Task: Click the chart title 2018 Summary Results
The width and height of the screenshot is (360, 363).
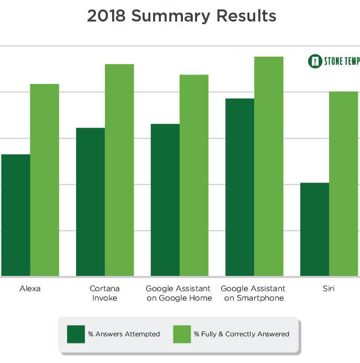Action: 181,16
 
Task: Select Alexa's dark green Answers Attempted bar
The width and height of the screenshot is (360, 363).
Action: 16,215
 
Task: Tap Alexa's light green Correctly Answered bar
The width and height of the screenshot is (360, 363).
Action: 45,180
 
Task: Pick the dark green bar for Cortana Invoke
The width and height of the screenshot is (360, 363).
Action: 90,202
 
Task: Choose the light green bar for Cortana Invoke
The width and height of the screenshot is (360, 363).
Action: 119,170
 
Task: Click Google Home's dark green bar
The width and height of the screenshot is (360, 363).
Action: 165,200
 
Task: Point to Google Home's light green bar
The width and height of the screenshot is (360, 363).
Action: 194,175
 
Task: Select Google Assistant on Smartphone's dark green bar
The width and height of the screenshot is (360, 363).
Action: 239,187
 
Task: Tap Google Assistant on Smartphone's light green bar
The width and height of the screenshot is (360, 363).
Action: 269,166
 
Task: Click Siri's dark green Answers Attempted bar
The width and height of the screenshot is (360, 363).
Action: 314,229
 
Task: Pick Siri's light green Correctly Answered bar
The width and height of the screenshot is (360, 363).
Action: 343,184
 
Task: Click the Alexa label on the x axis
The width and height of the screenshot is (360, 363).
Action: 30,289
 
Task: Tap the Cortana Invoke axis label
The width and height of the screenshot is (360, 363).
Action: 104,293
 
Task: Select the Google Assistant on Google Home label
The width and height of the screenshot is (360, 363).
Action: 179,293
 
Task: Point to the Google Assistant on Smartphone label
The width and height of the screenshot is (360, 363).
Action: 253,293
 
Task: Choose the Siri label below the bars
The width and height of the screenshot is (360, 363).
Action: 329,289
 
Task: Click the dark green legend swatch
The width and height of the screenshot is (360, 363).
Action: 75,334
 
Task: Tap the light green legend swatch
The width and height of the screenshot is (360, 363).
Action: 182,334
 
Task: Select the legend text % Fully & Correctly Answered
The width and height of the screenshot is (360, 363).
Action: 242,334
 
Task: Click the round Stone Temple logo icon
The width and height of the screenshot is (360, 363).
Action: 314,61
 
